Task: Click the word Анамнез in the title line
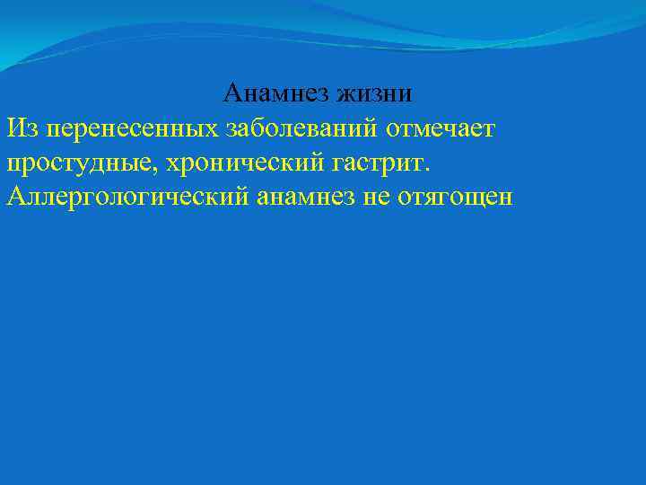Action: tap(276, 93)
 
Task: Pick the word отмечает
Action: tap(441, 128)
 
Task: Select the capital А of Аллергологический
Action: tap(15, 196)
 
